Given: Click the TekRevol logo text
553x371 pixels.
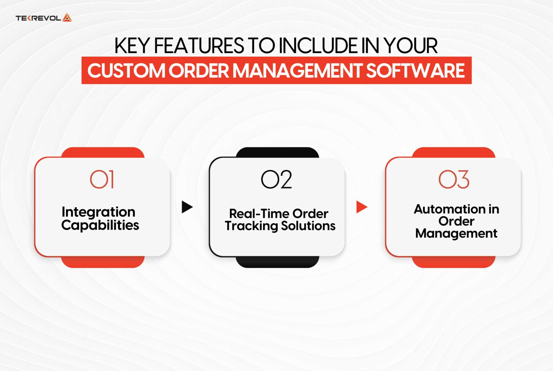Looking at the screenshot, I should pos(38,18).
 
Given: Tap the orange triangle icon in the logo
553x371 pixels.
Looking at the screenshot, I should pos(67,18).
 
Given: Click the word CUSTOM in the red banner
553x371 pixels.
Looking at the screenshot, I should pos(126,71).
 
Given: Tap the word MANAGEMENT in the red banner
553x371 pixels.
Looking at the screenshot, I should pos(297,71).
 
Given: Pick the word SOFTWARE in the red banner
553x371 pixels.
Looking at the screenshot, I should pos(415,71).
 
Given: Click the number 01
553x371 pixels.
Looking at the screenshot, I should pos(102,179).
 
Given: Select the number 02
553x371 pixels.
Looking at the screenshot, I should pos(276,179).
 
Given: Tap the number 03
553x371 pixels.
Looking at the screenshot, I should pos(454,179).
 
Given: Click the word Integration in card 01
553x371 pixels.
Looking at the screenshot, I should pos(98,212).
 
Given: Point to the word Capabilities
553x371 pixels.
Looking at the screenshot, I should pos(100,225).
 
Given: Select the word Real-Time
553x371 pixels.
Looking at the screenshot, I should pos(259,214).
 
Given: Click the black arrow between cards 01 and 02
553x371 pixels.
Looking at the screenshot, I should pos(187,207).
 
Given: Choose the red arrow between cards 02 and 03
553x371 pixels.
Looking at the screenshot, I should pos(361,207).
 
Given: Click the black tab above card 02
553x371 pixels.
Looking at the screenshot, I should pos(277,152).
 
